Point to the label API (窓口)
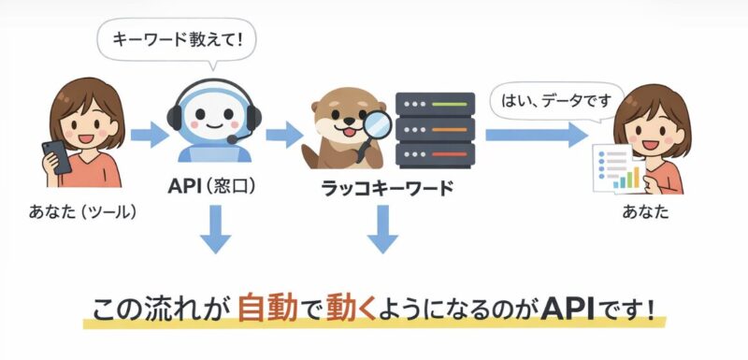point(212,187)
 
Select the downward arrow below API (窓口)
point(214,232)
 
